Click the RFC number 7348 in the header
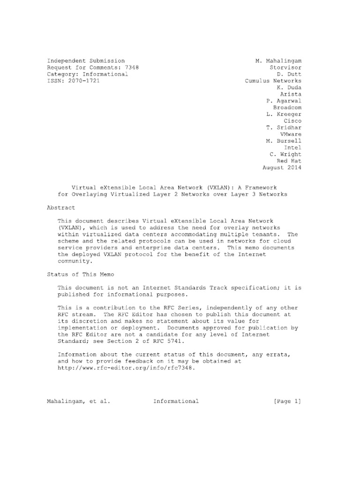(x=132, y=67)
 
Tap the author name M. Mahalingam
(x=278, y=61)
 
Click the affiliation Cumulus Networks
(x=273, y=81)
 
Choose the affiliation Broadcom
(x=287, y=107)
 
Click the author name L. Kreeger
(x=283, y=114)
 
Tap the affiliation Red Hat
(x=290, y=161)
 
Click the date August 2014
(x=281, y=167)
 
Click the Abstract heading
(x=61, y=207)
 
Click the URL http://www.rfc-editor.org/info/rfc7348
(x=125, y=368)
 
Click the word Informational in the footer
(x=175, y=401)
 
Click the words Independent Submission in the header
(x=86, y=61)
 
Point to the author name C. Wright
(x=285, y=154)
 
